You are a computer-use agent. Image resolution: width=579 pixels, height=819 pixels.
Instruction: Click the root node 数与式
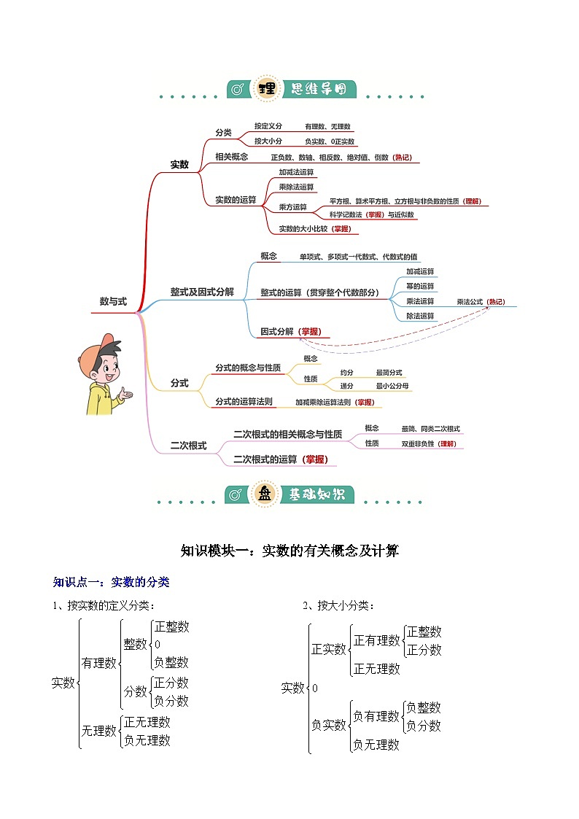pyautogui.click(x=113, y=301)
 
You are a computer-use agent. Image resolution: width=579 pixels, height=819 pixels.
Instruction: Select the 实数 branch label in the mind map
pyautogui.click(x=179, y=165)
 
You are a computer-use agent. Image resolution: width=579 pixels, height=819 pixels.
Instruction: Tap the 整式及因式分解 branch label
pyautogui.click(x=202, y=292)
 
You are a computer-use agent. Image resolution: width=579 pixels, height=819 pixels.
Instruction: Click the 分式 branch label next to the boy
pyautogui.click(x=179, y=383)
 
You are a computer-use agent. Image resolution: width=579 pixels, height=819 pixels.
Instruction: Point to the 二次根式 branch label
pyautogui.click(x=188, y=446)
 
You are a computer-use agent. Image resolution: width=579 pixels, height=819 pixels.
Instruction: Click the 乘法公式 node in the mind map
pyautogui.click(x=470, y=301)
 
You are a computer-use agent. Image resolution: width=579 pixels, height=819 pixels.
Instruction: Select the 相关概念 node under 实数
pyautogui.click(x=231, y=157)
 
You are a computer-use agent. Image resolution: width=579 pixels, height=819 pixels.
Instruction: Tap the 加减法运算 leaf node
pyautogui.click(x=296, y=173)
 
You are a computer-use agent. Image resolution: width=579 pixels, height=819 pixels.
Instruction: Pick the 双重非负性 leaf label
pyautogui.click(x=418, y=443)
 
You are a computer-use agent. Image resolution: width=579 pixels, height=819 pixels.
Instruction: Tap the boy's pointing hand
pyautogui.click(x=125, y=395)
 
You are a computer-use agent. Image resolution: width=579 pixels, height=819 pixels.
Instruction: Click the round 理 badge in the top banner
pyautogui.click(x=265, y=89)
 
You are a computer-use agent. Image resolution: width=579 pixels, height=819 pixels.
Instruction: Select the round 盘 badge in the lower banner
pyautogui.click(x=264, y=494)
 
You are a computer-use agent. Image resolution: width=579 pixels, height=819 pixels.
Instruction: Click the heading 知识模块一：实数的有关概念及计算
pyautogui.click(x=289, y=551)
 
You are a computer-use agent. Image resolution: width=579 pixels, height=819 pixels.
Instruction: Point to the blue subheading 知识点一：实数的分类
pyautogui.click(x=111, y=582)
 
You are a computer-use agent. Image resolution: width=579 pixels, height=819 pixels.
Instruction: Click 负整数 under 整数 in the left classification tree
pyautogui.click(x=171, y=662)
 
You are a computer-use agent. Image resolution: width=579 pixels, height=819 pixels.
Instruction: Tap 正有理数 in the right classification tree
pyautogui.click(x=377, y=640)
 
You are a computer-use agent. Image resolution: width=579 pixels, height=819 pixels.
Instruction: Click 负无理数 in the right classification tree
pyautogui.click(x=376, y=745)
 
